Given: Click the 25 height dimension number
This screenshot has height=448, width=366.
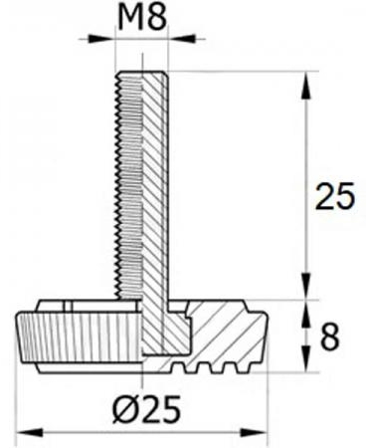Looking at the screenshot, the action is click(x=335, y=196).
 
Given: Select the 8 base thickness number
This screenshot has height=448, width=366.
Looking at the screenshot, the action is click(x=330, y=336).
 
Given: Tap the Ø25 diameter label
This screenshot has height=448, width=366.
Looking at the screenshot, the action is click(x=146, y=409).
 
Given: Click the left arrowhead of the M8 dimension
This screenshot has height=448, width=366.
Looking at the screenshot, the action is click(x=99, y=39).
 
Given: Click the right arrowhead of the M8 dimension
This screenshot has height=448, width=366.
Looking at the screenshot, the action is click(x=181, y=39).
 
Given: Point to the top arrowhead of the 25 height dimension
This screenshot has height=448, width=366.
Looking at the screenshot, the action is click(x=306, y=86).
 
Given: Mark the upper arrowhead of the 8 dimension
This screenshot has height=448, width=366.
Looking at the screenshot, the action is click(x=306, y=313).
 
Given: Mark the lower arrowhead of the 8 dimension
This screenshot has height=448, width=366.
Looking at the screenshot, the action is click(x=306, y=359).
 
